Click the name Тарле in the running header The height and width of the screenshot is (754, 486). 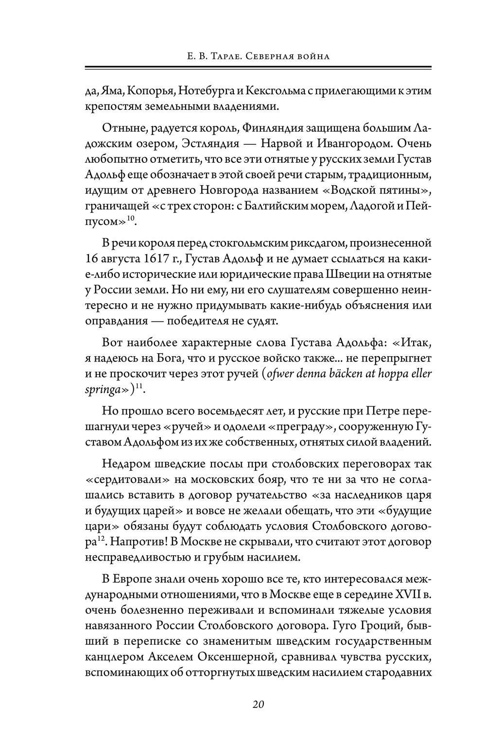click(x=214, y=56)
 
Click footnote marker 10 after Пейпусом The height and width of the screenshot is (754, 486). click(x=131, y=219)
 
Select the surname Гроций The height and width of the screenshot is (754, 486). click(x=382, y=627)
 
